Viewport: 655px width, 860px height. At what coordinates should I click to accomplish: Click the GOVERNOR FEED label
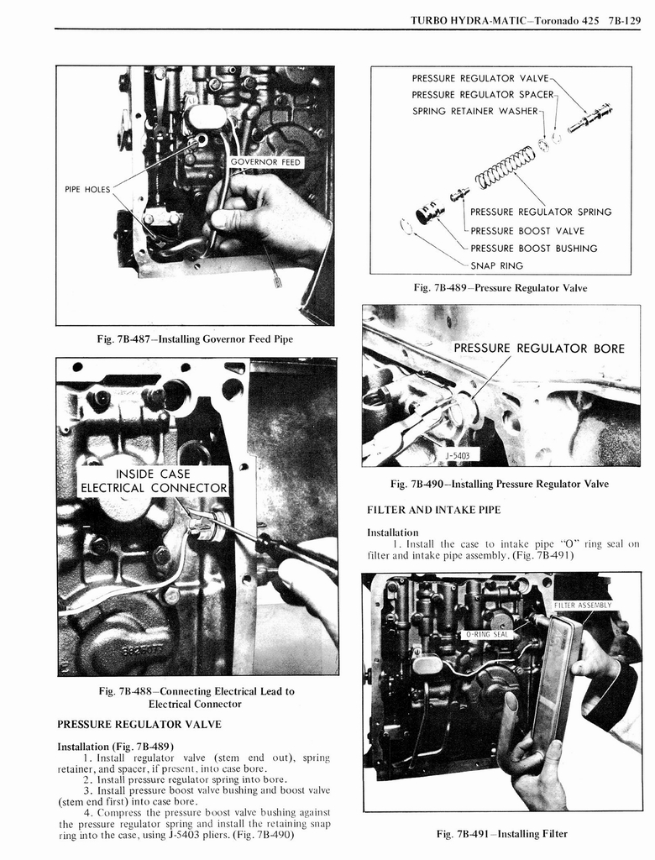(265, 162)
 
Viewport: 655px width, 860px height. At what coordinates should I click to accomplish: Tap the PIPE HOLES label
(86, 189)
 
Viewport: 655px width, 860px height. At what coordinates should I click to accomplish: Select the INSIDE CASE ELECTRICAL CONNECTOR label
(154, 481)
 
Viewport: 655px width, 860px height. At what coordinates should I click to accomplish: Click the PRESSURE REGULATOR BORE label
(538, 348)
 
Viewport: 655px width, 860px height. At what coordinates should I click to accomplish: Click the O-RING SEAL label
(488, 634)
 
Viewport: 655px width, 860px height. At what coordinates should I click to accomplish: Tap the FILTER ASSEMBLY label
(582, 605)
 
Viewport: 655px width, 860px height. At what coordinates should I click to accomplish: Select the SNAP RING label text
(496, 265)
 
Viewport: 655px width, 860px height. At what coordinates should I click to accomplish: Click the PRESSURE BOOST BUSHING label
(533, 248)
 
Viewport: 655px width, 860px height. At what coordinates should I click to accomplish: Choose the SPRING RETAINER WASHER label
(474, 111)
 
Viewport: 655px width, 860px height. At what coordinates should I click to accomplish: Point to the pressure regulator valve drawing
(589, 118)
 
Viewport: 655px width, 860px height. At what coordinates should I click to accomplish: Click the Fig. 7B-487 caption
(195, 338)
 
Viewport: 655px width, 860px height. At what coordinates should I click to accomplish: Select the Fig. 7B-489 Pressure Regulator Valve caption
(500, 288)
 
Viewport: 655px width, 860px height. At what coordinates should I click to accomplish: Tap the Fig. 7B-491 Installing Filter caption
(501, 833)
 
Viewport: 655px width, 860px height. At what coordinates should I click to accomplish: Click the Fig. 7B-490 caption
(499, 484)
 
